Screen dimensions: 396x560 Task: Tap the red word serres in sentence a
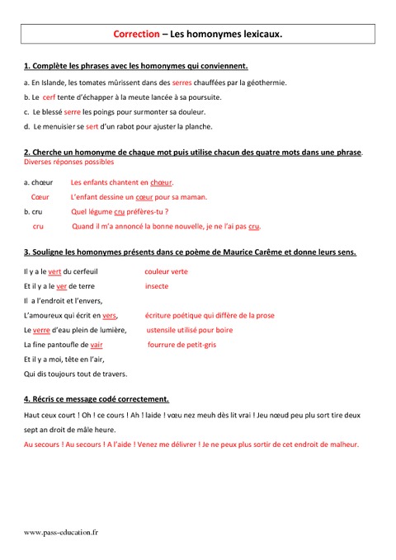(181, 82)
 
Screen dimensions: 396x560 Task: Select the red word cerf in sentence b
(49, 96)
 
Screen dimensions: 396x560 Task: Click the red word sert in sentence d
(92, 126)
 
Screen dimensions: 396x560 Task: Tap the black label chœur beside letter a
(42, 182)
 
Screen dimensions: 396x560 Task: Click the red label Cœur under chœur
(40, 197)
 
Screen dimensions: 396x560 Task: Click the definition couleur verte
(166, 271)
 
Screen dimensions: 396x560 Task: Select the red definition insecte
(156, 286)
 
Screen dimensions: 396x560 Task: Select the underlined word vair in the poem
(97, 345)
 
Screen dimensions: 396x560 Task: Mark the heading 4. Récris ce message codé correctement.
(97, 398)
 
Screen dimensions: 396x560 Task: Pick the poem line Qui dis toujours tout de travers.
(76, 374)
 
